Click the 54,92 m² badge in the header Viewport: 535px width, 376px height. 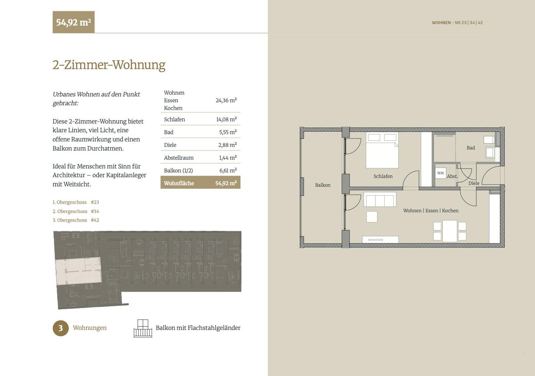coord(74,22)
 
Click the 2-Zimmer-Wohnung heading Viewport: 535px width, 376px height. coord(109,65)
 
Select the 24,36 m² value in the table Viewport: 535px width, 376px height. coord(226,100)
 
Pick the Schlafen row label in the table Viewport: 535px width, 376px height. coord(174,119)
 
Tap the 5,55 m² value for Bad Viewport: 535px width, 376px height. coord(228,132)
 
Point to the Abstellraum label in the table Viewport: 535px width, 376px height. coord(179,158)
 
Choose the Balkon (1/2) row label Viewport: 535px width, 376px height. coord(178,171)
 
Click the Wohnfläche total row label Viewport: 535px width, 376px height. coord(179,183)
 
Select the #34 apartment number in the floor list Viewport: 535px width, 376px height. coord(95,211)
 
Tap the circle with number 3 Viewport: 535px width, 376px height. coord(61,328)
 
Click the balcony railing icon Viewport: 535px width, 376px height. coord(143,328)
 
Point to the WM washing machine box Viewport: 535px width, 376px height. coord(440,173)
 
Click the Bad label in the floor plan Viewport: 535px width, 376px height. coord(471,148)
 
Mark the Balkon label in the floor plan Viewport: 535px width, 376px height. coord(323,185)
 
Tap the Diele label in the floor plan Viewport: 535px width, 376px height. coord(474,183)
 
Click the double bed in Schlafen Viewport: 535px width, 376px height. coord(382,150)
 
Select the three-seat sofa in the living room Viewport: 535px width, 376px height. coord(380,200)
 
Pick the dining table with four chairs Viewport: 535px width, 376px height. coord(450,231)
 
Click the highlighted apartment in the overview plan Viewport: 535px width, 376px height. coord(78,272)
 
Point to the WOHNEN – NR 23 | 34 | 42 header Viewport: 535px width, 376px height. coord(457,23)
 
